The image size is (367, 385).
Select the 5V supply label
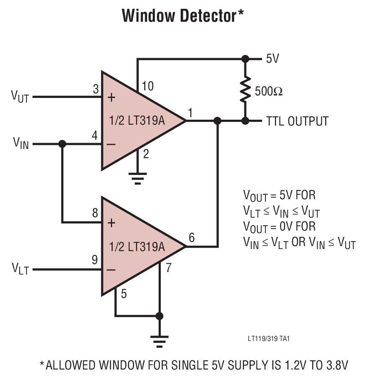coord(272,59)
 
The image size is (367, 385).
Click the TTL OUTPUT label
coord(297,121)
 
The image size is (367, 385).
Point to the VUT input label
coord(20,97)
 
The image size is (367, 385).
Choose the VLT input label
coord(20,269)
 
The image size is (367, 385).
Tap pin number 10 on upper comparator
coord(148,86)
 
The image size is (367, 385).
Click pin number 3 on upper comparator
coord(95,89)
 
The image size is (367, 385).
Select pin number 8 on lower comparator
coord(95,213)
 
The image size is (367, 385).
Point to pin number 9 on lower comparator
coord(95,260)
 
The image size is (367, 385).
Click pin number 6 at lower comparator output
coord(191,237)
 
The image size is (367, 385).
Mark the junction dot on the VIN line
coord(62,144)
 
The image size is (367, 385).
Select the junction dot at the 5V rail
coord(245,59)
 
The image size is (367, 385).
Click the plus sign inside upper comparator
coord(111,98)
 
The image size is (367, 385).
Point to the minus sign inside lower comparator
coord(111,270)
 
